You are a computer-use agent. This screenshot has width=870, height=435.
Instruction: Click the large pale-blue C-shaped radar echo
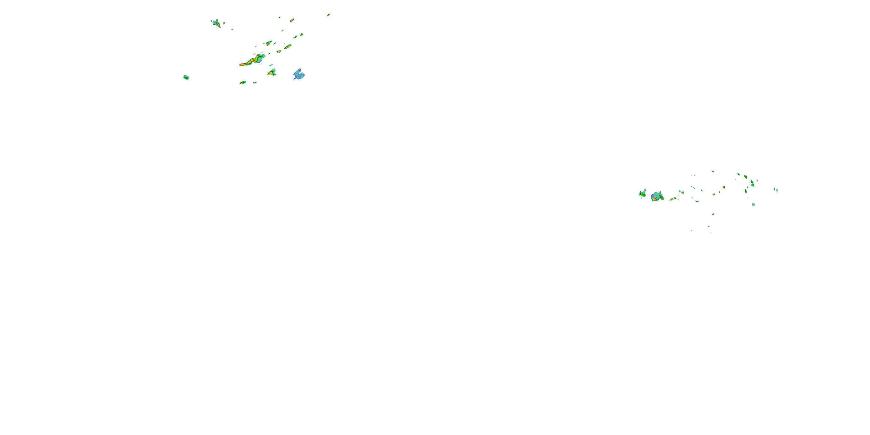coord(299,74)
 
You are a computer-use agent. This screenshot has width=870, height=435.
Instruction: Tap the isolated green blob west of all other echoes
coord(186,77)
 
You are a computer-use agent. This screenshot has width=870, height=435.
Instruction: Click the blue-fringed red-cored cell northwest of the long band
coord(217,23)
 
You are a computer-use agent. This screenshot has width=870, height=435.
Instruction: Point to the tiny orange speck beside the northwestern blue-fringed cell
coord(224,23)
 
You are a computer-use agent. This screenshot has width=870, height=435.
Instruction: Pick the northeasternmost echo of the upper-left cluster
coord(328,15)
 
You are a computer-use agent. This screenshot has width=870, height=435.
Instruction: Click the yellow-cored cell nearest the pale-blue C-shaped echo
coord(271,72)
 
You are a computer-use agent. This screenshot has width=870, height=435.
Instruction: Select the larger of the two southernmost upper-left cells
coord(242,82)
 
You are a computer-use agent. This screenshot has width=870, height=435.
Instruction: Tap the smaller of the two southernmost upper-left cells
coord(255,82)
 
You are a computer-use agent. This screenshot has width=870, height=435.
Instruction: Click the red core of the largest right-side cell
coord(655,199)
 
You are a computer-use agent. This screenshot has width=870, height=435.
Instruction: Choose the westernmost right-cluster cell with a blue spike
coord(643,194)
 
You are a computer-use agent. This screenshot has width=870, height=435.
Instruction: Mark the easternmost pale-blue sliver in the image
coord(776,190)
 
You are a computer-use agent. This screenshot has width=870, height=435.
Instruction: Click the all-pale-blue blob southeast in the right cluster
coord(753,204)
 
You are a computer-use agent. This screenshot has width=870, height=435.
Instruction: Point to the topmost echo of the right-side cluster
coord(713,171)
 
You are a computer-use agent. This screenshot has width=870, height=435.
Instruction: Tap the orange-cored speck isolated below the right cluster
coord(713,214)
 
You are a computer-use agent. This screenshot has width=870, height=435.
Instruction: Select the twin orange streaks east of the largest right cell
coord(673,199)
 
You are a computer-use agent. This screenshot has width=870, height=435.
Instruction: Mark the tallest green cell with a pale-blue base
coord(752,183)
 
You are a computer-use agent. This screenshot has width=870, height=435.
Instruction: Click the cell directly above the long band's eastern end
coord(269,43)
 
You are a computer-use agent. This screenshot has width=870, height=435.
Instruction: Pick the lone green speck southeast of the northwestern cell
coord(232,29)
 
